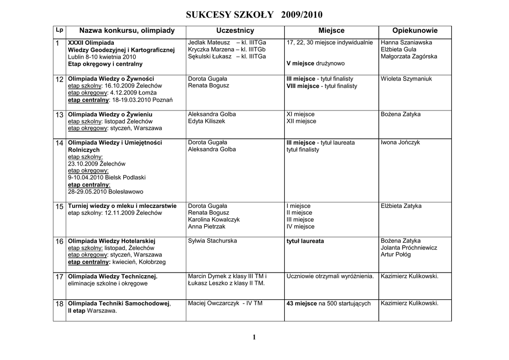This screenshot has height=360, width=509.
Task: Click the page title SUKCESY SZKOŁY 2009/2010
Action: click(x=254, y=14)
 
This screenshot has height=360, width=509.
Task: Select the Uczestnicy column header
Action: click(x=235, y=31)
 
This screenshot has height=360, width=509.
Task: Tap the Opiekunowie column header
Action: click(x=415, y=31)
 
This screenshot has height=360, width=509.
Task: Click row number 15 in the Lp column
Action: click(x=59, y=206)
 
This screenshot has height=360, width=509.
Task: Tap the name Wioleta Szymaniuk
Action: click(x=406, y=79)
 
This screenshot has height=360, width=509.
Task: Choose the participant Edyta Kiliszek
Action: click(x=206, y=121)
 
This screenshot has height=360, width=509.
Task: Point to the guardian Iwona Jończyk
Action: click(x=400, y=143)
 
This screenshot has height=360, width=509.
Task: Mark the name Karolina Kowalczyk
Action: click(x=214, y=220)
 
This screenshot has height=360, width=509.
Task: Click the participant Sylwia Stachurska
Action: click(x=212, y=241)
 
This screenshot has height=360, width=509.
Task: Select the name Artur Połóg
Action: click(x=396, y=255)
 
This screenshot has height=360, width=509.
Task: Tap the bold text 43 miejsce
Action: click(x=302, y=304)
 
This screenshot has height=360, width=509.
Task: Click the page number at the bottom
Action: click(x=254, y=338)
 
